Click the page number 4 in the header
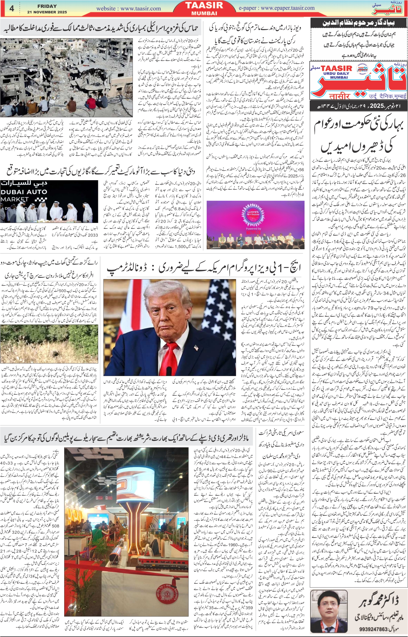click(x=12, y=8)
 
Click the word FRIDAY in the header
click(x=47, y=6)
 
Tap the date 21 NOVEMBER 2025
click(x=47, y=12)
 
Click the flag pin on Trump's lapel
click(x=196, y=347)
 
